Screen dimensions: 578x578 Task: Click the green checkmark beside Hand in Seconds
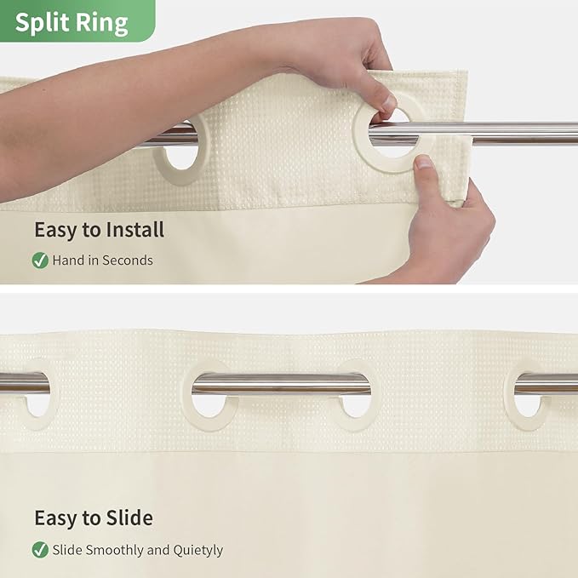[x=40, y=260]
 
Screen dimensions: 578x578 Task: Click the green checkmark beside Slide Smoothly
[x=40, y=550]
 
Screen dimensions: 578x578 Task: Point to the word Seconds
[x=127, y=260]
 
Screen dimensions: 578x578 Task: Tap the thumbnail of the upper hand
[x=388, y=104]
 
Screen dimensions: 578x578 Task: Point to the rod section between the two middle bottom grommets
[x=281, y=385]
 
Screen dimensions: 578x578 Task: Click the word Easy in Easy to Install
[x=54, y=230]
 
